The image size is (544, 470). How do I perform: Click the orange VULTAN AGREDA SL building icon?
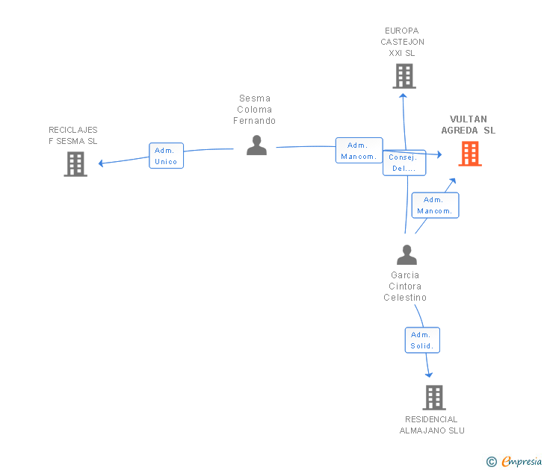[470, 154]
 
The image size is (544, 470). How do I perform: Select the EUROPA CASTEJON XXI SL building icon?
[404, 76]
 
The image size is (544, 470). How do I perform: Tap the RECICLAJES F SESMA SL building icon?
[75, 164]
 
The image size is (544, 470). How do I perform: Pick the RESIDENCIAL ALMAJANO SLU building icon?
[434, 398]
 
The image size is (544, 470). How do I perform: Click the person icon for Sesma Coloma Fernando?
[257, 145]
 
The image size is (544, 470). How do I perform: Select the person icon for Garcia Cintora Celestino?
[407, 255]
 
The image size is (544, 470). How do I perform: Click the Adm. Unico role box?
[166, 156]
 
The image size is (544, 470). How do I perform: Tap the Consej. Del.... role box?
[404, 163]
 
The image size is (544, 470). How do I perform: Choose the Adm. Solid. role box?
[422, 340]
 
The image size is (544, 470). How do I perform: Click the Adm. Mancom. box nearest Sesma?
[359, 150]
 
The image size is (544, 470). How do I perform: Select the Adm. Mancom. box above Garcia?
[435, 205]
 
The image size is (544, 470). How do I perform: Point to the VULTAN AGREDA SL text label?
[469, 125]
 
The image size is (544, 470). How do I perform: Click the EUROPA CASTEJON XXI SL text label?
[402, 42]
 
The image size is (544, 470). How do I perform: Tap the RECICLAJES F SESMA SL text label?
[73, 136]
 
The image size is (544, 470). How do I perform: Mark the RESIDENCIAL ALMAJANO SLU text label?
[432, 425]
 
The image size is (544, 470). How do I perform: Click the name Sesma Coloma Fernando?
[255, 110]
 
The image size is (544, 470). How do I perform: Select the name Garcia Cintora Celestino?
[405, 286]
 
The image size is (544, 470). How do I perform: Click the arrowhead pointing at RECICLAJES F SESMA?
[101, 163]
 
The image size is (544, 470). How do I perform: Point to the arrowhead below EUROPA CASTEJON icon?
[403, 96]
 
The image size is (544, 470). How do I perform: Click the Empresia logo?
[514, 461]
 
